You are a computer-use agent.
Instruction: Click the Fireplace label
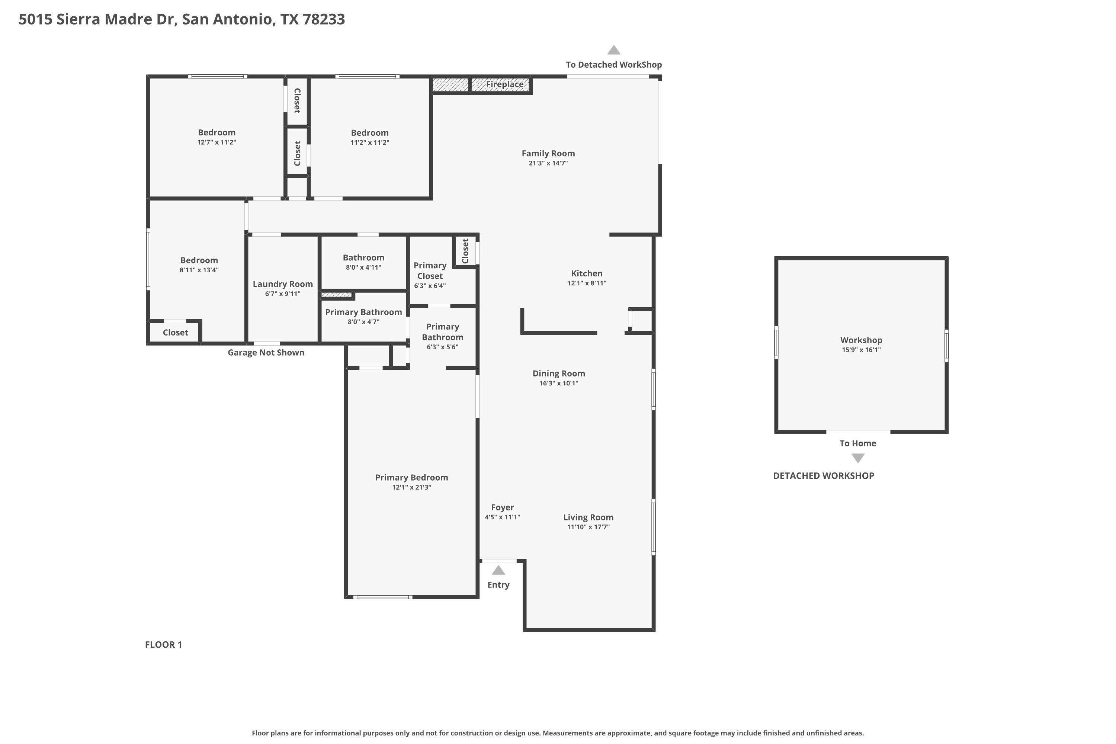504,84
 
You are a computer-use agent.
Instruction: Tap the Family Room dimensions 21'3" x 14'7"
548,163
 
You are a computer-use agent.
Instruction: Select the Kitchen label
587,273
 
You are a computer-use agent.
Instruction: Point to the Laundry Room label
282,284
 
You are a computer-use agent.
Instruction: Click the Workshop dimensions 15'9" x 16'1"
861,350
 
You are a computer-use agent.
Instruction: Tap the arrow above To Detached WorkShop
614,50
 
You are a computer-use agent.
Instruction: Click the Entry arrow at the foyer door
498,570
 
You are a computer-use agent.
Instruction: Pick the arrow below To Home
858,458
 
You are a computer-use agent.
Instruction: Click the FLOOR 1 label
163,644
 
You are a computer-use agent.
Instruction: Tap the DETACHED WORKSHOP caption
823,476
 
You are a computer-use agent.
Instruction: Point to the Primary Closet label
430,270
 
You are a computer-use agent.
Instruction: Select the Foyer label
503,507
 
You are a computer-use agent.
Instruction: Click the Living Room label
589,517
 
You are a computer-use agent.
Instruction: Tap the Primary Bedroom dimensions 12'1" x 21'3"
411,487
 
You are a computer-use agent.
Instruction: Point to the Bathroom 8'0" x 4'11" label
363,262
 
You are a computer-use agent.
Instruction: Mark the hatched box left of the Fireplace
450,85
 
